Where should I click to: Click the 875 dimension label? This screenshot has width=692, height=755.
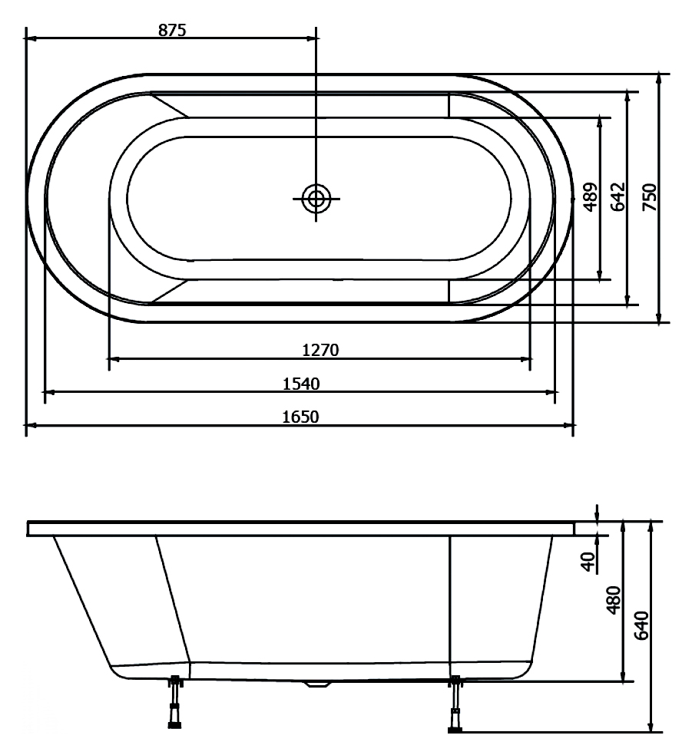coord(172,30)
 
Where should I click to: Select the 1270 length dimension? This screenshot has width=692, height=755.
coord(320,350)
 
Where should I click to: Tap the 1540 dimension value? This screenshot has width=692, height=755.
coord(301,384)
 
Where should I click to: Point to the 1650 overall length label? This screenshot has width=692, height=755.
coord(300,417)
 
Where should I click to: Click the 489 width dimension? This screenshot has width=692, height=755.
coord(590,197)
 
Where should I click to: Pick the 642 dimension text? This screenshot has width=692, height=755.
coord(618,197)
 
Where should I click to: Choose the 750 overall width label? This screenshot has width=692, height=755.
coord(650,197)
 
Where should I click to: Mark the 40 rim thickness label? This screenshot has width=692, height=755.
coord(588,562)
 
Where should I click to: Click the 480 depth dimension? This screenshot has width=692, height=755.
coord(614,600)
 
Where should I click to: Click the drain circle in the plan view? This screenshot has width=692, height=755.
coord(316,198)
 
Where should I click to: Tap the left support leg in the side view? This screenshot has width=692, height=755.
coord(176,702)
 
